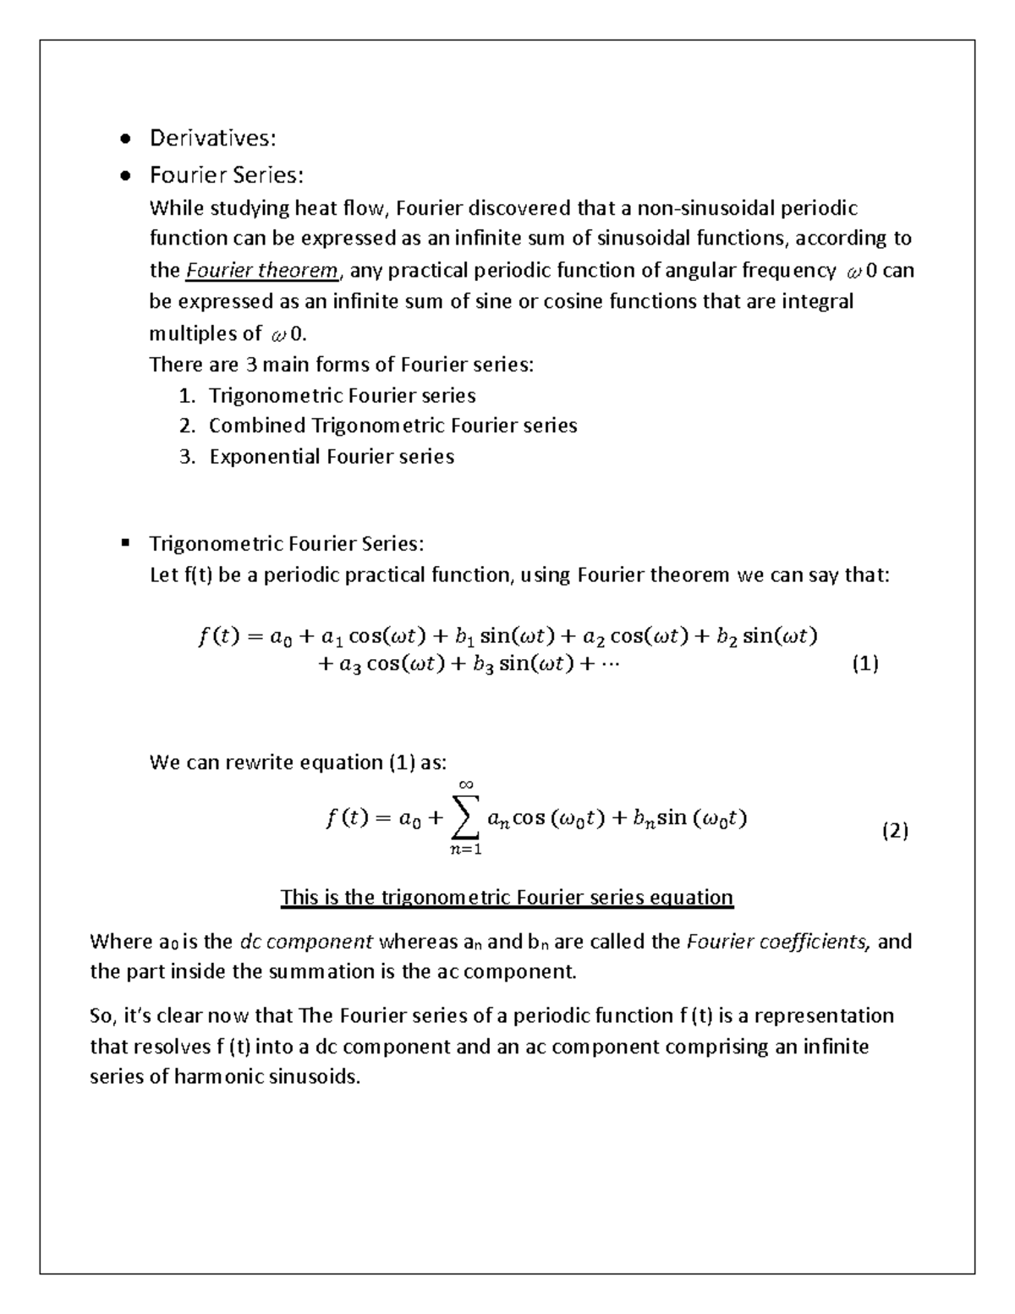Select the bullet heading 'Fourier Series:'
click(x=226, y=175)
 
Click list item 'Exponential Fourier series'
click(x=332, y=457)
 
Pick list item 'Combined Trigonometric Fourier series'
click(x=392, y=426)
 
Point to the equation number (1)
click(x=864, y=664)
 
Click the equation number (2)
click(x=894, y=831)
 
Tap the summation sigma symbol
click(x=466, y=818)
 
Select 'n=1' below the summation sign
click(x=466, y=850)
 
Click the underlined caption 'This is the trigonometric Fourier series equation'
click(x=507, y=897)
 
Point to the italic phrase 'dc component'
click(x=306, y=942)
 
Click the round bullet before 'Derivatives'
click(x=125, y=138)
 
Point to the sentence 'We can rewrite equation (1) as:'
click(x=297, y=762)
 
